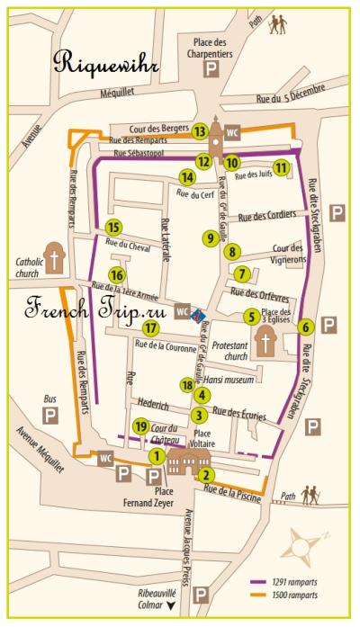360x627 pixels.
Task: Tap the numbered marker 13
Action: pos(200,131)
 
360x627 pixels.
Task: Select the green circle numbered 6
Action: pos(306,327)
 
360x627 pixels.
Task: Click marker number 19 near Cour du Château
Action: pos(139,425)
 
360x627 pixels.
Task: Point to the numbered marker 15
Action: pos(112,228)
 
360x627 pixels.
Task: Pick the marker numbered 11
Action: pos(281,166)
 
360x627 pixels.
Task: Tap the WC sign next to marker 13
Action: pos(233,130)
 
